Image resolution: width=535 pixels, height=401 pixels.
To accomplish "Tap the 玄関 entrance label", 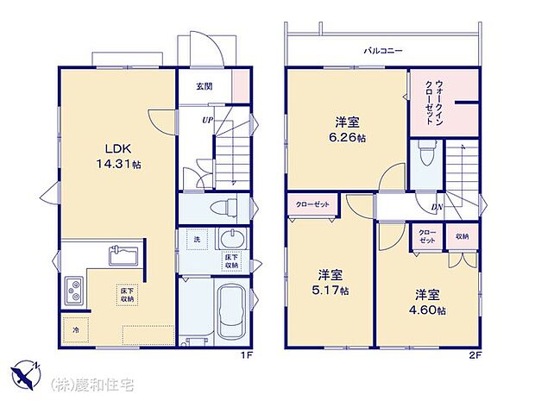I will tap(205, 86).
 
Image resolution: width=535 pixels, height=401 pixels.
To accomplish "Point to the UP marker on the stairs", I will tap(208, 121).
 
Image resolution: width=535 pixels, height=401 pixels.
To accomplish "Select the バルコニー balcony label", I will tap(382, 52).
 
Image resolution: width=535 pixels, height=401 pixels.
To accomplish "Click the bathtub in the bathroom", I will tap(231, 311).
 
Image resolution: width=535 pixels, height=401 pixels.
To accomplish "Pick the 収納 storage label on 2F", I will tap(463, 237).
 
